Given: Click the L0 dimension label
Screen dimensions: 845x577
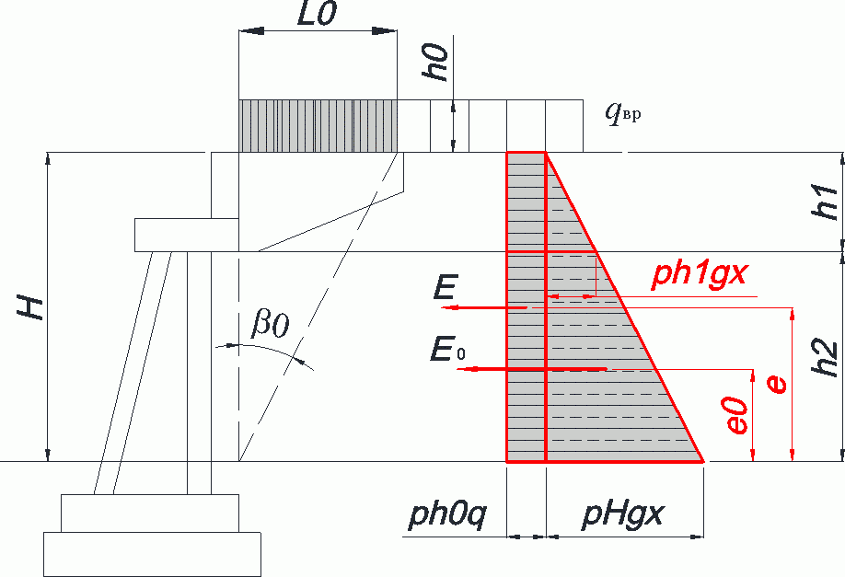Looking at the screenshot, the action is click(x=317, y=14).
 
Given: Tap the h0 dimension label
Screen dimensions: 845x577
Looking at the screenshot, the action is click(x=435, y=62).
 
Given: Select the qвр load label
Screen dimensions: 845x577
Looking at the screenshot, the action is click(x=623, y=113).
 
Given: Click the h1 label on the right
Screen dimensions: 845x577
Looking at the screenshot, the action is click(x=825, y=202).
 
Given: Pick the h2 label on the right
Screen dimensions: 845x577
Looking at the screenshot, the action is click(x=825, y=358).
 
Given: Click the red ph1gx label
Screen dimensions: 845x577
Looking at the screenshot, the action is click(x=700, y=273).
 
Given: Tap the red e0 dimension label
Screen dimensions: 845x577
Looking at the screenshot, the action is click(x=736, y=415).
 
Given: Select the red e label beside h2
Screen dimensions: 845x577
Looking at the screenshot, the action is click(x=776, y=385).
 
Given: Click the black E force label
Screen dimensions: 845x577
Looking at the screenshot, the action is click(x=446, y=287).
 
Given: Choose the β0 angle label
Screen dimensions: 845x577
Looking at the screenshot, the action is click(x=271, y=325).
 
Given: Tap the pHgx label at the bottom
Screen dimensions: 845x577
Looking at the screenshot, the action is click(x=622, y=514).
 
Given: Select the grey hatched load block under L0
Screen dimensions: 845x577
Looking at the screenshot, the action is click(x=318, y=126).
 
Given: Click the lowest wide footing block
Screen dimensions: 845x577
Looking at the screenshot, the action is click(x=152, y=554).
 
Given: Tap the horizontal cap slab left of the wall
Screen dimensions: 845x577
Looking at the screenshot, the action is click(x=187, y=235).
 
